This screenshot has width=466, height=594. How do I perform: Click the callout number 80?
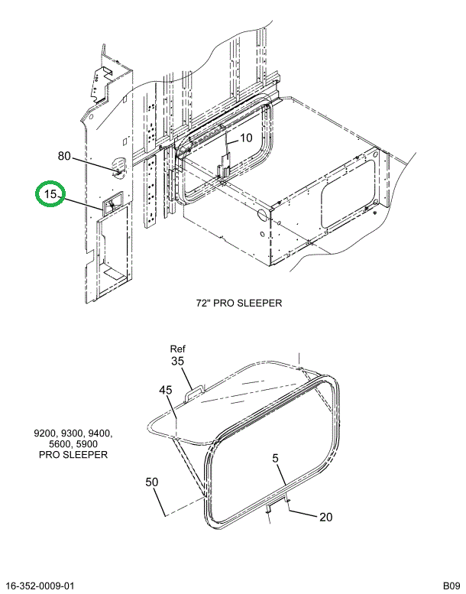coord(64,157)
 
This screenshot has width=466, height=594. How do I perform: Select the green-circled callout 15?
coord(50,195)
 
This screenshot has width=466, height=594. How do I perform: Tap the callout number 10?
coord(245,138)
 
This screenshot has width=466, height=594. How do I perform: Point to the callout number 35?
coord(177,361)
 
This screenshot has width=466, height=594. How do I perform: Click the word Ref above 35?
coord(177,349)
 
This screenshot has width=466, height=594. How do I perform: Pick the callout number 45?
coord(166,391)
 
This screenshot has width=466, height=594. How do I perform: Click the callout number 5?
coord(275,459)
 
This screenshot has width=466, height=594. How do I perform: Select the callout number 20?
coord(325,517)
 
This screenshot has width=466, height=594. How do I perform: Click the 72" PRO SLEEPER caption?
coord(238,303)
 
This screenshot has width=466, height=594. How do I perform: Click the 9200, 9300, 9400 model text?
coord(73,433)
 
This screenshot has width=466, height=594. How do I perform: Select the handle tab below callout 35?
coord(196,391)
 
